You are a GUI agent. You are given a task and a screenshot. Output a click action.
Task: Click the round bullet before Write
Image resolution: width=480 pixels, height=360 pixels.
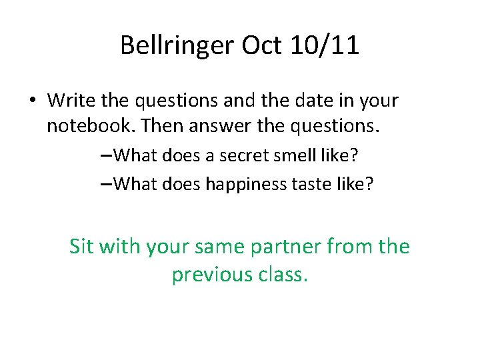tap(32, 101)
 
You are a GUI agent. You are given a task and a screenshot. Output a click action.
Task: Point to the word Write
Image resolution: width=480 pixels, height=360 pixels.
tap(69, 101)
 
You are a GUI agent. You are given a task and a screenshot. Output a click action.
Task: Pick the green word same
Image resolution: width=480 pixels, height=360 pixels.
tap(217, 247)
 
